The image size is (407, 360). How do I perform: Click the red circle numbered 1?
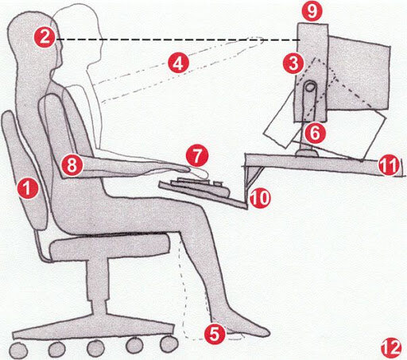point(28,189)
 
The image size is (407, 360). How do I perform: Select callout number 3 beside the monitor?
point(293,60)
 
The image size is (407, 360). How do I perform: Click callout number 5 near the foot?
point(213,335)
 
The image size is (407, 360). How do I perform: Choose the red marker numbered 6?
point(314,129)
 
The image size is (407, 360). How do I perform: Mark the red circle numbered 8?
point(71,165)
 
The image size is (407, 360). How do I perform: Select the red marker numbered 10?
point(258,196)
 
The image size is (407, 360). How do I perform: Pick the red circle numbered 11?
point(387,166)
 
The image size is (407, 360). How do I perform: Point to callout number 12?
point(389,346)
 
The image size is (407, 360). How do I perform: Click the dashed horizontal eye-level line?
point(175,40)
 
